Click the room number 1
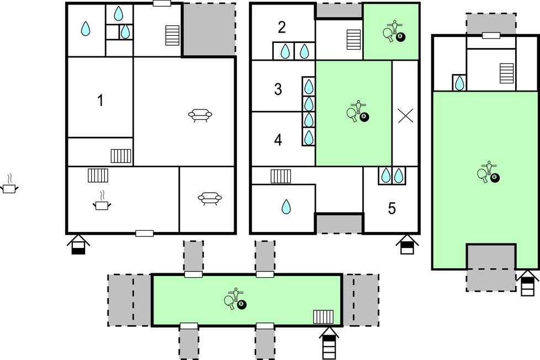click(x=100, y=100)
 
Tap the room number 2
click(x=282, y=28)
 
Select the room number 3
click(x=278, y=89)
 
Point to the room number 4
click(x=278, y=140)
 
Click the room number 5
click(x=392, y=208)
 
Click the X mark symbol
click(x=405, y=116)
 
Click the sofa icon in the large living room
click(x=200, y=115)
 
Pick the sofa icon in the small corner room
click(x=210, y=198)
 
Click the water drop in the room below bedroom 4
click(x=286, y=207)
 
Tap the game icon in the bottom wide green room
click(x=236, y=298)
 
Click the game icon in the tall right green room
click(x=489, y=172)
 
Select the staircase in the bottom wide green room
click(x=324, y=317)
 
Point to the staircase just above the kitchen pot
click(x=98, y=176)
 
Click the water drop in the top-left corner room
click(x=86, y=29)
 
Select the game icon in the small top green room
click(x=394, y=31)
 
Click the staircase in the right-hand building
click(x=506, y=73)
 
